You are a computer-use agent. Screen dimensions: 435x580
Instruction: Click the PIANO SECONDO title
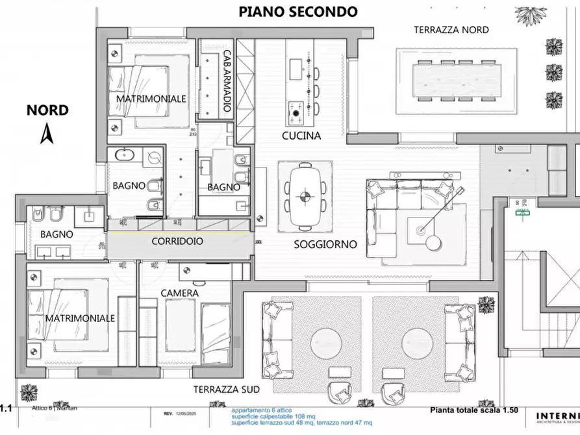(x=298, y=11)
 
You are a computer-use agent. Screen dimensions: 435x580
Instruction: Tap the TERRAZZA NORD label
(x=451, y=30)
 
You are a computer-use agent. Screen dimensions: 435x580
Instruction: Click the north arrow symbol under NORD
(x=46, y=134)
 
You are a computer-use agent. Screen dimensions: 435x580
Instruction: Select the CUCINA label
(x=301, y=136)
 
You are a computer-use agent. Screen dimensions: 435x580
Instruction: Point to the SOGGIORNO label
(x=325, y=245)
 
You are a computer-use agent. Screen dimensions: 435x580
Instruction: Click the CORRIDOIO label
(x=177, y=240)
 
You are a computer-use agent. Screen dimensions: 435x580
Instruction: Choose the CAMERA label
(x=180, y=293)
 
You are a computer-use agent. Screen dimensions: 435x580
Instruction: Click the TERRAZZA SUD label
(x=227, y=390)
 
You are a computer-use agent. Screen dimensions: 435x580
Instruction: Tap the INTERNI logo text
(x=558, y=416)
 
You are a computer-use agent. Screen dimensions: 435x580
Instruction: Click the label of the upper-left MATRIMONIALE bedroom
(x=151, y=99)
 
